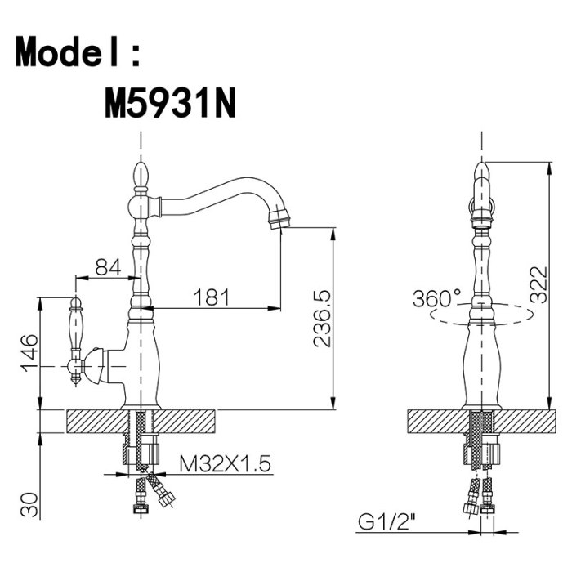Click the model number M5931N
click(x=170, y=104)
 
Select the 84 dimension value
click(x=108, y=267)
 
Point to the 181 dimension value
click(x=212, y=297)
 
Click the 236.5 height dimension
click(x=322, y=318)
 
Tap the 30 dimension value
click(x=29, y=504)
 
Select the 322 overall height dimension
click(x=538, y=285)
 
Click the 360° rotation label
click(x=436, y=298)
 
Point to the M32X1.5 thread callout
click(x=225, y=464)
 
